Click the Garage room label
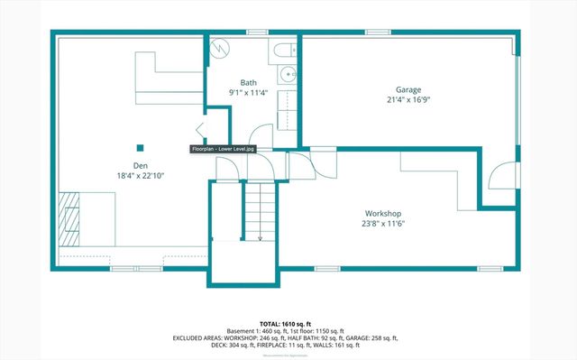pos(408,88)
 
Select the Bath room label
pos(247,82)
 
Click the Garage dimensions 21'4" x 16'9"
pos(408,99)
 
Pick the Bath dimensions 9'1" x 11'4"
pos(247,92)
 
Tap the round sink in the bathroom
pos(288,75)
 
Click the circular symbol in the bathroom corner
pos(222,48)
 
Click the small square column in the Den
pos(139,146)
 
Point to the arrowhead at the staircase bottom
pos(260,238)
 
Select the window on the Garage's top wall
pos(378,32)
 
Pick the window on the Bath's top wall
pos(257,32)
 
